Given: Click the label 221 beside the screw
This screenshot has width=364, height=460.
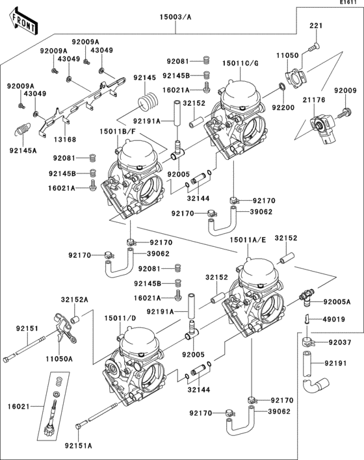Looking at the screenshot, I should pyautogui.click(x=315, y=26).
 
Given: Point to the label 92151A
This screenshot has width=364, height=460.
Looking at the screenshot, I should pyautogui.click(x=78, y=446).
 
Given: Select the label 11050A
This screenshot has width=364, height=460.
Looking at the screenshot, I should pyautogui.click(x=59, y=358).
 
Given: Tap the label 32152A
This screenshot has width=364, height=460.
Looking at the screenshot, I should pyautogui.click(x=74, y=300).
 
